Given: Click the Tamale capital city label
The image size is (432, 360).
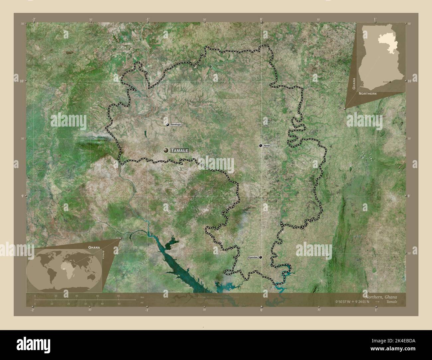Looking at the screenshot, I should click(180, 150).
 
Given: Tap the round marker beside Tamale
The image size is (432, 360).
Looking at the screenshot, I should click(165, 150).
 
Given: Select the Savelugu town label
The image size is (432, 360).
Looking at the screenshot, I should click(176, 125).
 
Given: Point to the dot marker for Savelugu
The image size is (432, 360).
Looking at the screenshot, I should click(167, 125).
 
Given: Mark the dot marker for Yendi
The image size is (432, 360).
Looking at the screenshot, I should click(261, 145).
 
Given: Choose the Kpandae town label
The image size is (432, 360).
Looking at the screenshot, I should click(253, 257).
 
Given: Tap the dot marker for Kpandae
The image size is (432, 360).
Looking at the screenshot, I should click(261, 257).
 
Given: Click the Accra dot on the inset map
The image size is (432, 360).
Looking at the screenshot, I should click(390, 81).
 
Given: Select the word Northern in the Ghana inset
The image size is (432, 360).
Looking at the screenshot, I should click(368, 94).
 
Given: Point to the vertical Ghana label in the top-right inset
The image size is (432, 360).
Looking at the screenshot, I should click(354, 83).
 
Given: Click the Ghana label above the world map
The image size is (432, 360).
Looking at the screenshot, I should click(94, 248).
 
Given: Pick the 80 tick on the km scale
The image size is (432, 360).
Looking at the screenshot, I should click(119, 296).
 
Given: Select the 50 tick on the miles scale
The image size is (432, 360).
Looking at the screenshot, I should click(119, 304).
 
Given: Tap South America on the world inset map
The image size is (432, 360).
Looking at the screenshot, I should click(53, 272).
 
